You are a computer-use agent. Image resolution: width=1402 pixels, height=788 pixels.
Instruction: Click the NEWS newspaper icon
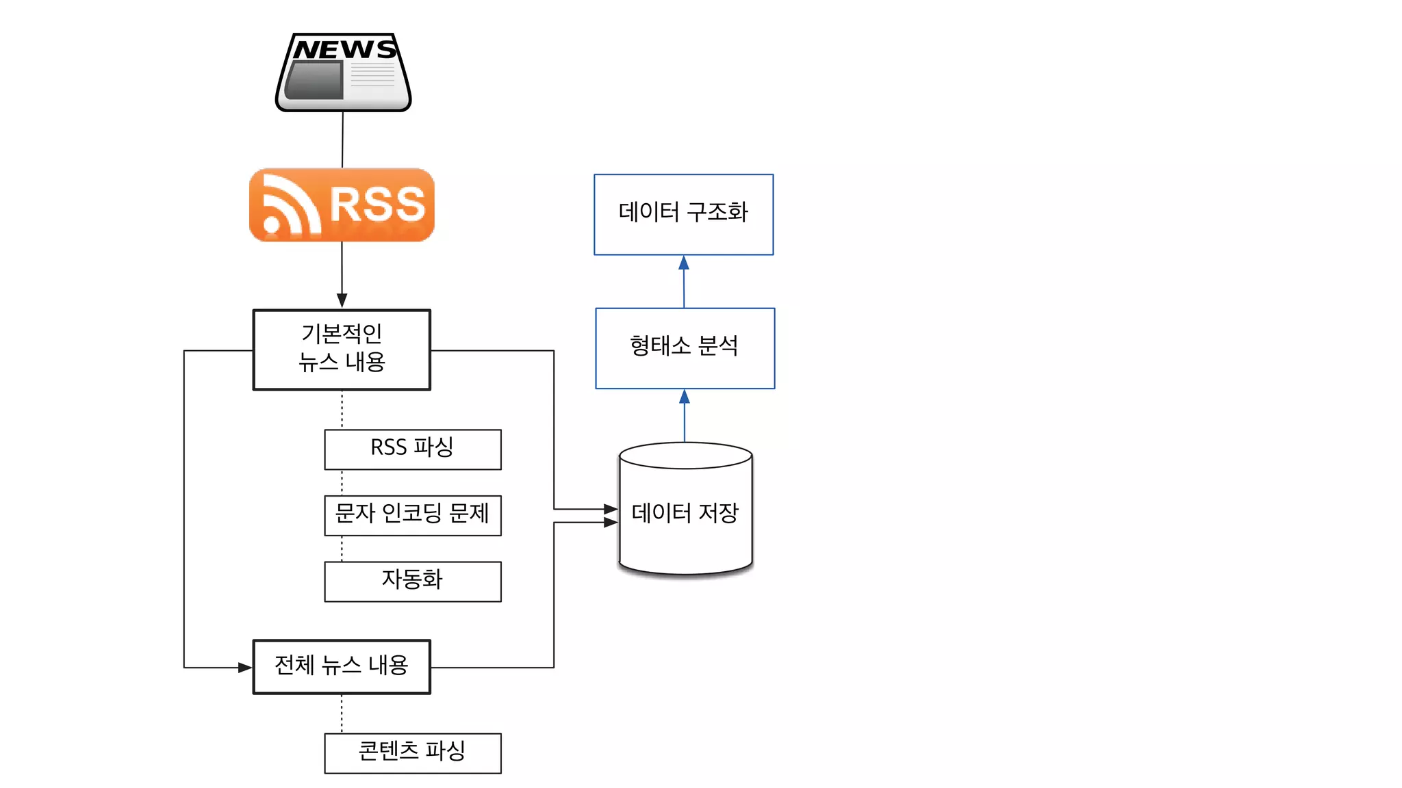343,72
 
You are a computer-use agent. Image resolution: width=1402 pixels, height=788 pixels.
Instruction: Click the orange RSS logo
342,205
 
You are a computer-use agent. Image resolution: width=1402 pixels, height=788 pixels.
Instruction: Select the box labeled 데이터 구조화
683,214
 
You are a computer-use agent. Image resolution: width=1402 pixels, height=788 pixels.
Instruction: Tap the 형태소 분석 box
685,348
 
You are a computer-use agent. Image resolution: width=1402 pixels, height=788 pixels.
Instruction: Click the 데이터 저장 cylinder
685,513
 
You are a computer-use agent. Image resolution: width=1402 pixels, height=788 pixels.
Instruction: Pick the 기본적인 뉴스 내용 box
342,350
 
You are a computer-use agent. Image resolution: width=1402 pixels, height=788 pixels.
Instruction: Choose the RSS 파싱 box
413,449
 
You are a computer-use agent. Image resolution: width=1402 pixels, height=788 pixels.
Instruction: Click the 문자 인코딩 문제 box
413,515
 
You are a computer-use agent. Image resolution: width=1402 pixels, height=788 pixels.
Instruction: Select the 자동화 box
413,581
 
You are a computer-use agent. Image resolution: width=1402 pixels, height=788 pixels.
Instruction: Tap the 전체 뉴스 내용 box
342,666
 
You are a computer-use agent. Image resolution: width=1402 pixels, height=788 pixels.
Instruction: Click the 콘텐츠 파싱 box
413,753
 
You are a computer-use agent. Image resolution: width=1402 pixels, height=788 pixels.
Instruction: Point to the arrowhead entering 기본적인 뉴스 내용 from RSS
342,301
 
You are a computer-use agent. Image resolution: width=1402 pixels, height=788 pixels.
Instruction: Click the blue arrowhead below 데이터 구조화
683,263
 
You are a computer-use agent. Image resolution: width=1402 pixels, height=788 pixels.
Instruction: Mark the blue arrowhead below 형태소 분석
685,397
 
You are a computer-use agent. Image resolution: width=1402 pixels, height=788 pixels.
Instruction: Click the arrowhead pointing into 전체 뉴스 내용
245,667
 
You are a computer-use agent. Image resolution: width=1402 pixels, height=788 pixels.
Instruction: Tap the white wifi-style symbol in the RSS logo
288,207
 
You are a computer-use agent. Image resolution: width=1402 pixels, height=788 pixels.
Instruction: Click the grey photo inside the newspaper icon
314,80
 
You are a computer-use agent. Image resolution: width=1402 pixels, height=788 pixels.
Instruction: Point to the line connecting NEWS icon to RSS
342,140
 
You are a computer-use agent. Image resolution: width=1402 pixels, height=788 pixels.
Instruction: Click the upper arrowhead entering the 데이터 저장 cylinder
611,509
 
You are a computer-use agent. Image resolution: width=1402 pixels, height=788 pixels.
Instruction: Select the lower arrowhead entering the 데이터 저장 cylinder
611,522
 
